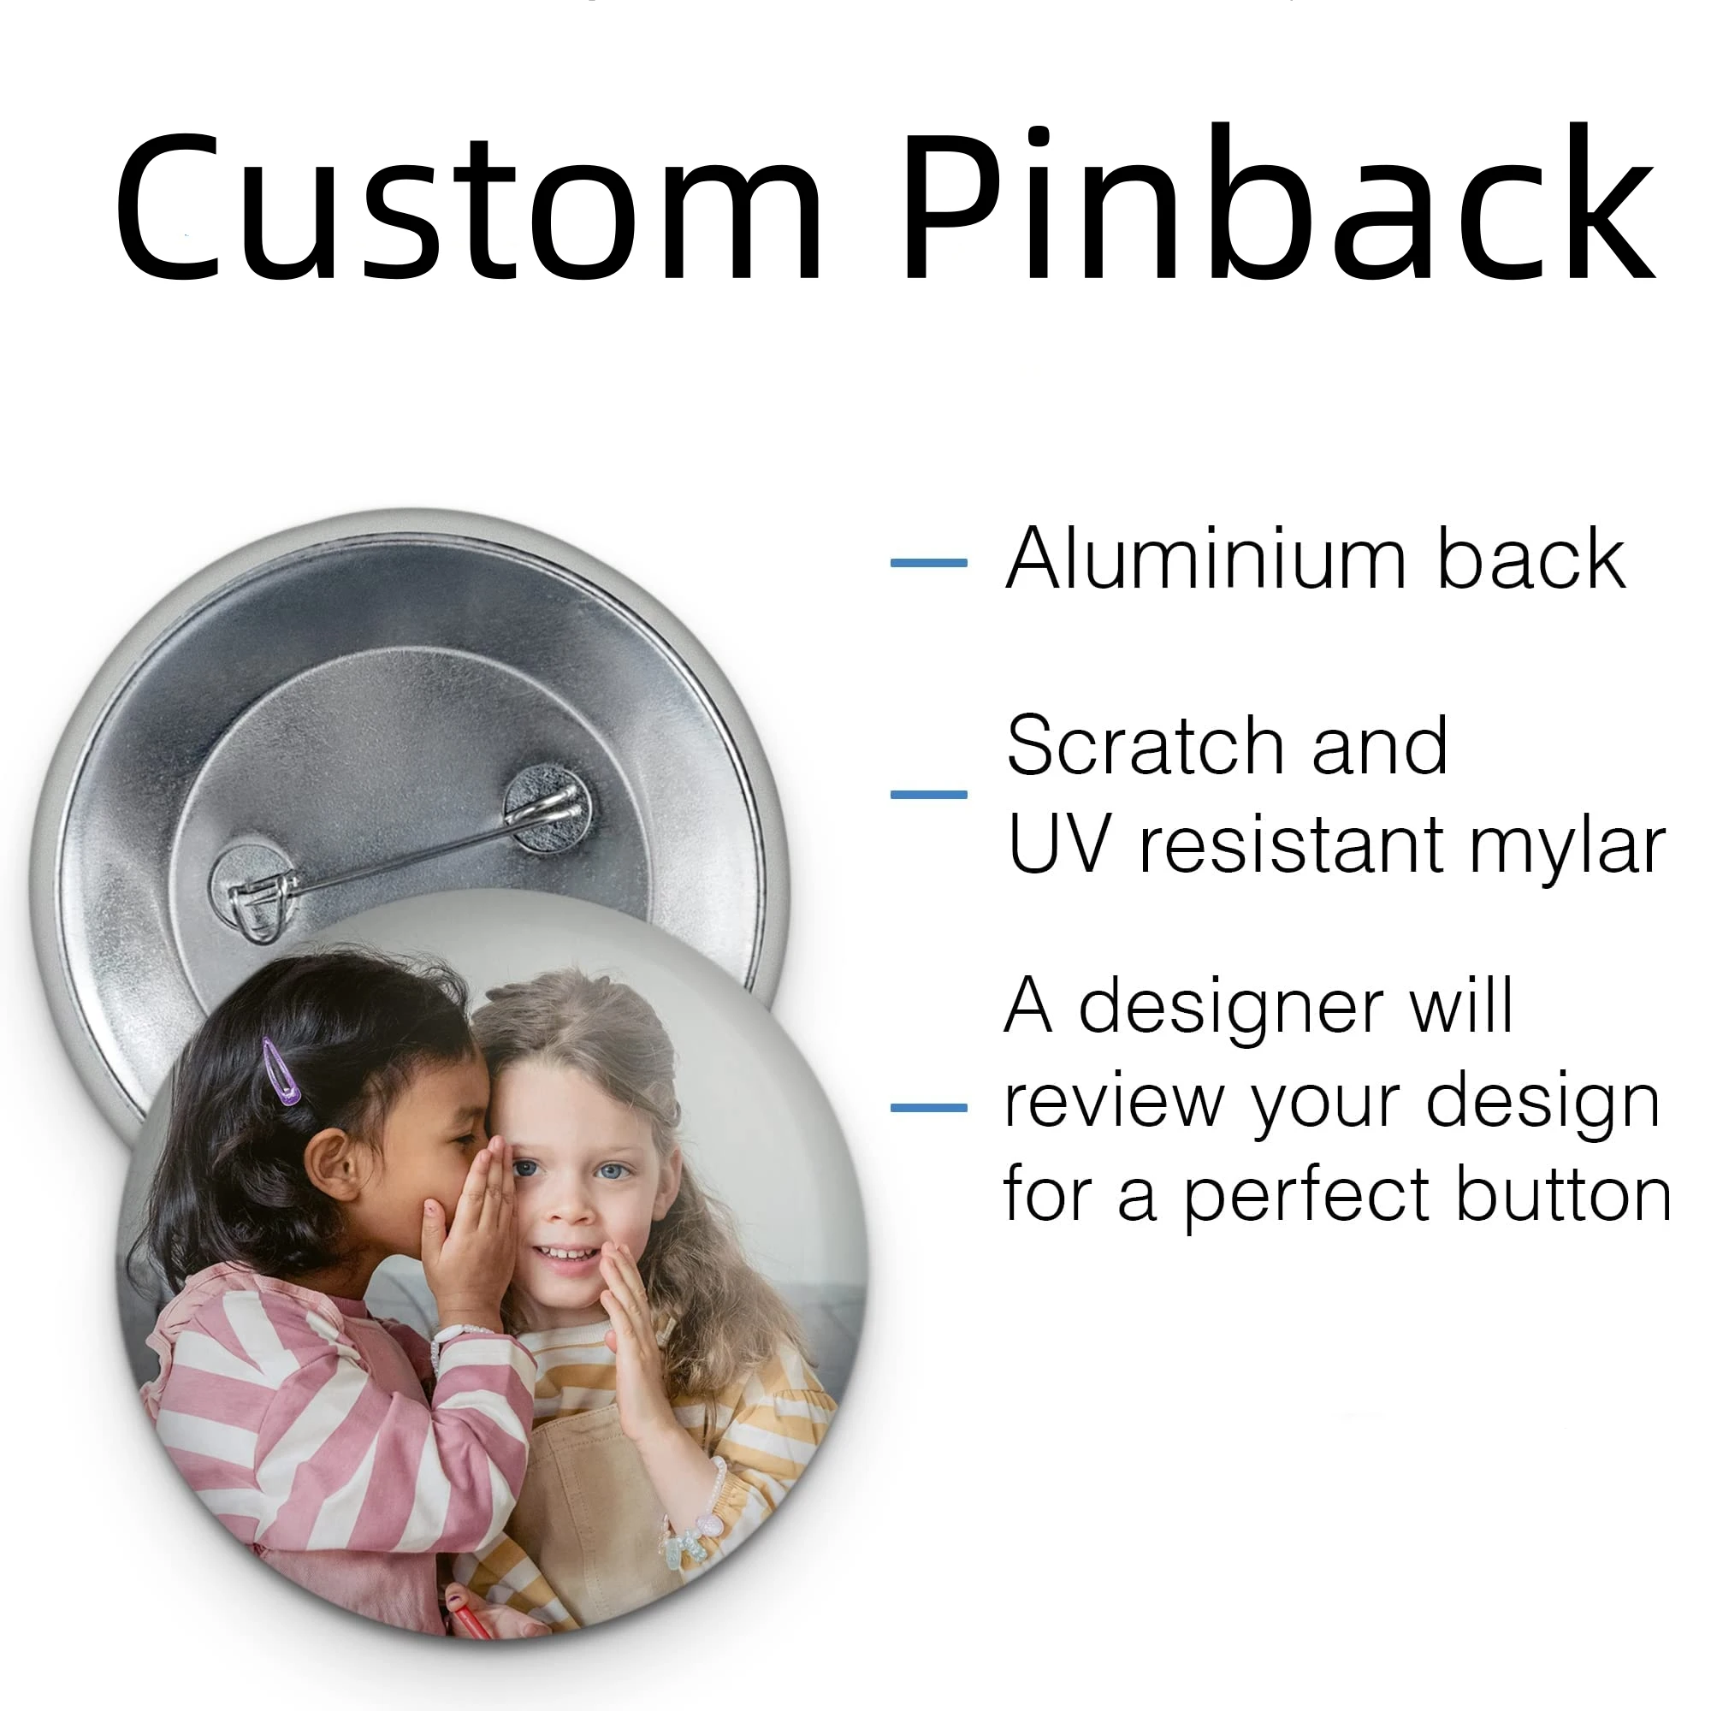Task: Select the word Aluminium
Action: (x=1205, y=559)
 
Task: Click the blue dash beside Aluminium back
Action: (x=928, y=562)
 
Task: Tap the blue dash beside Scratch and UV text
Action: (x=928, y=795)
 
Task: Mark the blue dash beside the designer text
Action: (x=928, y=1108)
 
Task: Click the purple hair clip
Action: (x=281, y=1073)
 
